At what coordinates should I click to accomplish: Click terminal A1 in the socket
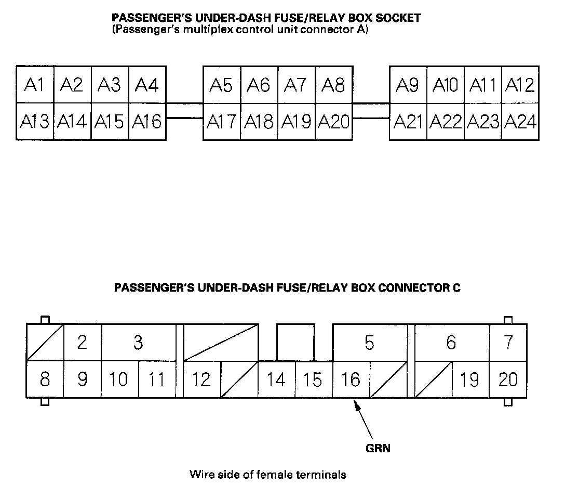(35, 85)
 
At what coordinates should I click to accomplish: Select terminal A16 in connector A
(147, 122)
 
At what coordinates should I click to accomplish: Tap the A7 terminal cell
(296, 85)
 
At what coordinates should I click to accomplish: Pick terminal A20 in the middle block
(333, 122)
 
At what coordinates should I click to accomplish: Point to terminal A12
(520, 85)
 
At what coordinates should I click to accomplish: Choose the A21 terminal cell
(408, 122)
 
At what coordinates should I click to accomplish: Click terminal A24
(520, 122)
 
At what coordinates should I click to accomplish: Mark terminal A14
(72, 122)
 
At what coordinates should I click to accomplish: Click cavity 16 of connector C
(351, 379)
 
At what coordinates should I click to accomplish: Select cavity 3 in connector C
(138, 343)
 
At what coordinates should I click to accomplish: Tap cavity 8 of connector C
(45, 379)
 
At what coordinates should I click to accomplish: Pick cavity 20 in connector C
(508, 379)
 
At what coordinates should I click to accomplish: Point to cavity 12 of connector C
(201, 379)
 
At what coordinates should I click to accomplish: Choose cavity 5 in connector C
(369, 343)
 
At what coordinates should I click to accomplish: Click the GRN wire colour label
(378, 448)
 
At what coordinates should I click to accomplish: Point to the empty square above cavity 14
(295, 342)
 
